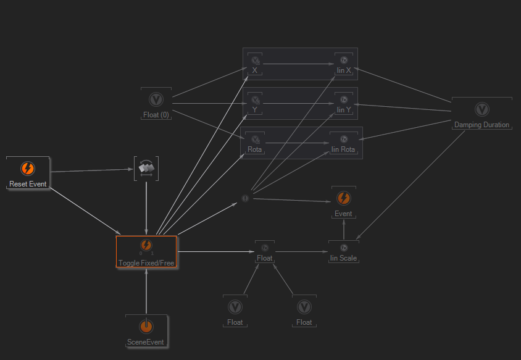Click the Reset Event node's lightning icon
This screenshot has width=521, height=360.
tap(28, 169)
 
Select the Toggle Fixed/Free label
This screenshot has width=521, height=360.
tap(146, 262)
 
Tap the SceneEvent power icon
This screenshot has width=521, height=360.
tap(146, 326)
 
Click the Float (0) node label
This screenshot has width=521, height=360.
tap(156, 115)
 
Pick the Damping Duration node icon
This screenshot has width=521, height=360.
tap(482, 109)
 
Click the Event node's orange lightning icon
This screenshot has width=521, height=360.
tap(344, 198)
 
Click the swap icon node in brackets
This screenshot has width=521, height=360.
tap(146, 168)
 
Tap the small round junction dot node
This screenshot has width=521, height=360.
tap(244, 198)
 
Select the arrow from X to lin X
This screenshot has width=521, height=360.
tap(299, 64)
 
